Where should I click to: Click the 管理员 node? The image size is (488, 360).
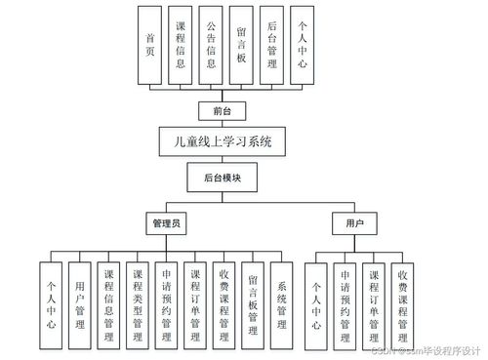166,223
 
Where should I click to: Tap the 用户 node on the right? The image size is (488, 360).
354,223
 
